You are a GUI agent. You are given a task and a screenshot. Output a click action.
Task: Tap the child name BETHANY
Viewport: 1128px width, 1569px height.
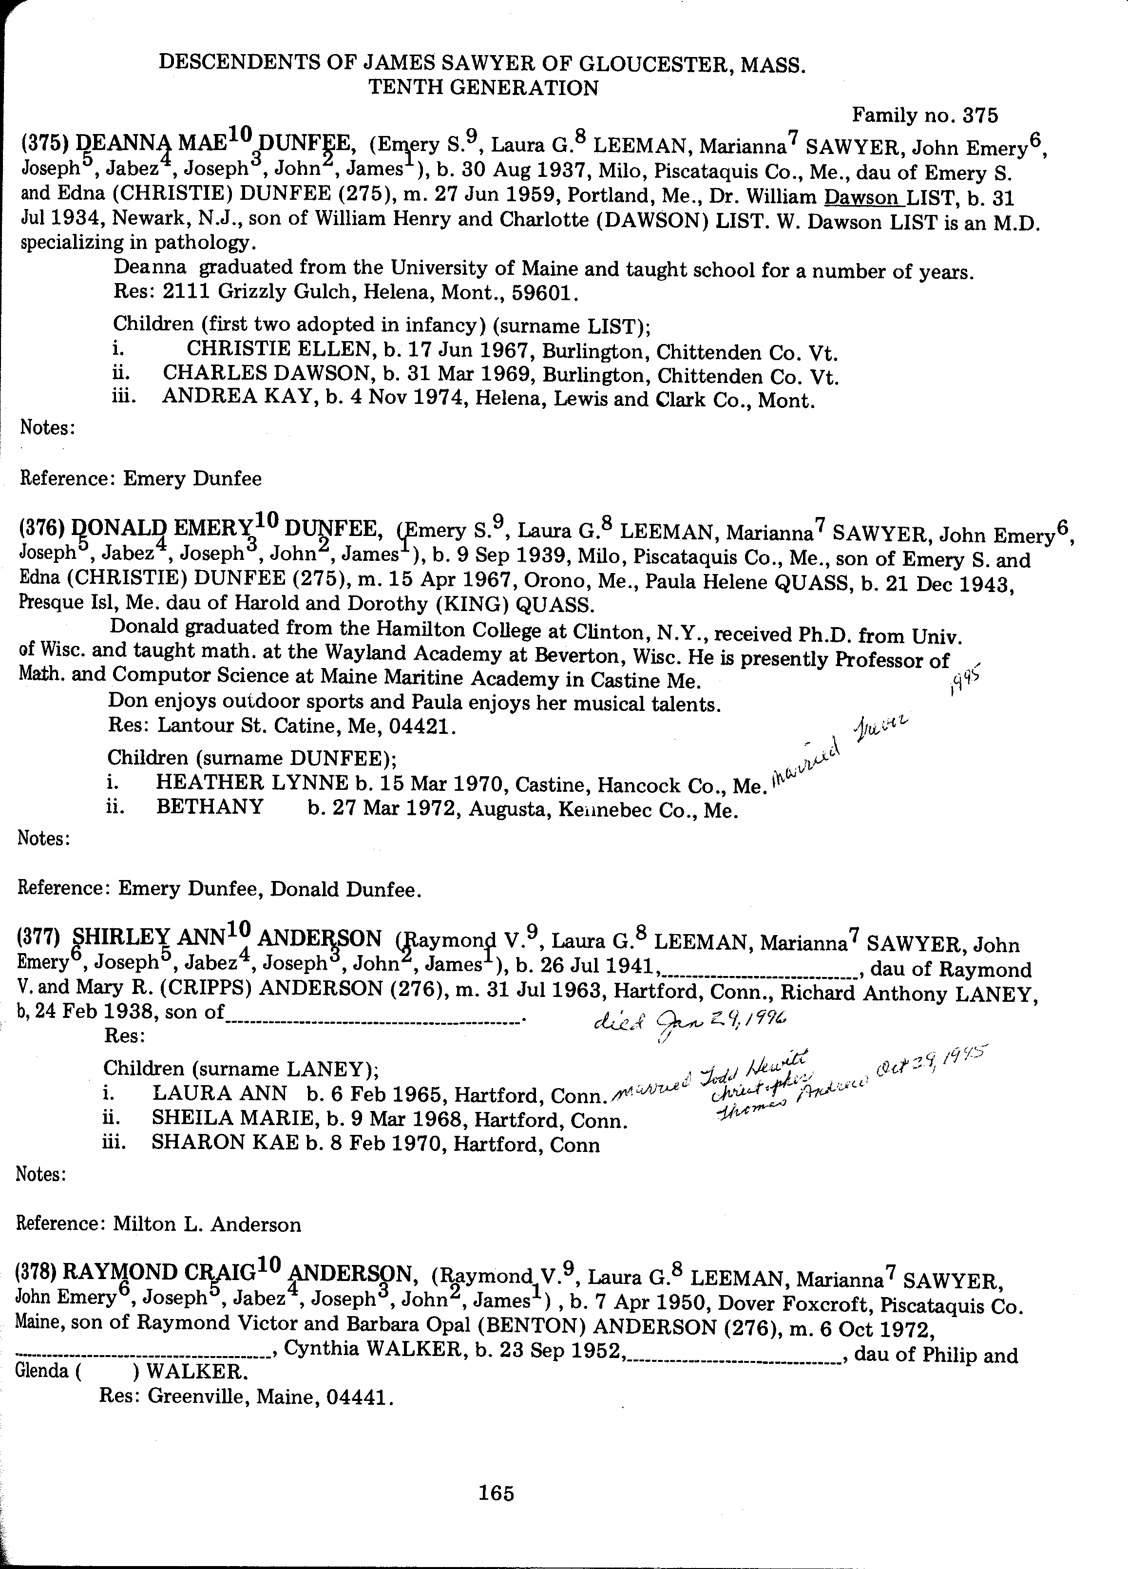coord(210,806)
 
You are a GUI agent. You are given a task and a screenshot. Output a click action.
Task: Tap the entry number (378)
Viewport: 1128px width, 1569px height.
coord(37,1272)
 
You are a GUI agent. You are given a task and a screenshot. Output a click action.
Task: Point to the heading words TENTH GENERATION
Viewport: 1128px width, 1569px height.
coord(483,87)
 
